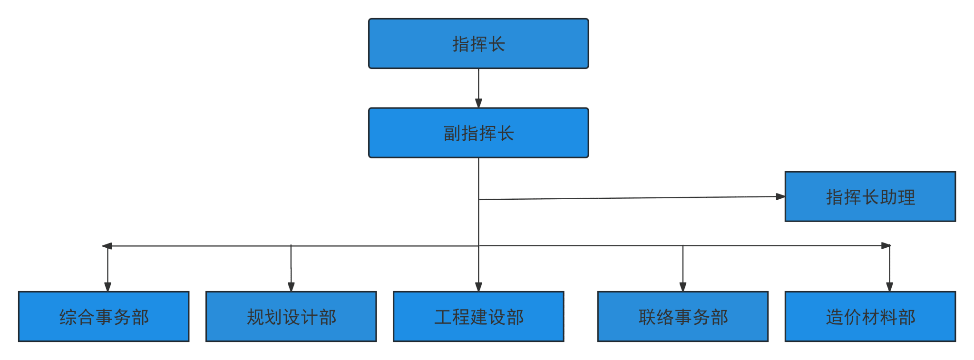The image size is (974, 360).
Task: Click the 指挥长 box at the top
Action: coord(478,44)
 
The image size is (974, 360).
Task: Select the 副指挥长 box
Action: coord(478,133)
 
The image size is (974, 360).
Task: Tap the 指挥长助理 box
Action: coord(870,196)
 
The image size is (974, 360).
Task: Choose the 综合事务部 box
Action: coord(104,316)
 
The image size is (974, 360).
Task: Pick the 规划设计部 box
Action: coord(291,316)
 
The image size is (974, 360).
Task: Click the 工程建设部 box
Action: coord(478,316)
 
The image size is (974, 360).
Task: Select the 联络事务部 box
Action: coord(683,316)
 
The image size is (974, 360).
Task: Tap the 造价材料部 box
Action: coord(870,316)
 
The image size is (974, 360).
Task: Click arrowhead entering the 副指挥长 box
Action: coord(478,103)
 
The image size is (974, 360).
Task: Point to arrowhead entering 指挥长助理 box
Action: coord(780,196)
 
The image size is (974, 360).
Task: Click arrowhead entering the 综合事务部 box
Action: coord(107,287)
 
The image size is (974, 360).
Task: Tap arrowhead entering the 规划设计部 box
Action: coord(291,287)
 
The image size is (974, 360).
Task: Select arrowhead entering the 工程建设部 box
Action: coord(478,287)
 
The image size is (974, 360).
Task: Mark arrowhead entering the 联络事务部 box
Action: coord(683,287)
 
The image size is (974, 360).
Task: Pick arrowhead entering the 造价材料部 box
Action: coord(889,287)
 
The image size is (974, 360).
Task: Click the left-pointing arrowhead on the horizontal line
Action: coord(107,246)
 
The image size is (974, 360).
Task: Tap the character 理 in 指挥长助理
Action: coord(906,197)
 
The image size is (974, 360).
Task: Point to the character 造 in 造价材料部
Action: coord(835,317)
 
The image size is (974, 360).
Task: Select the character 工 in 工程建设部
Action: coord(443,317)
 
